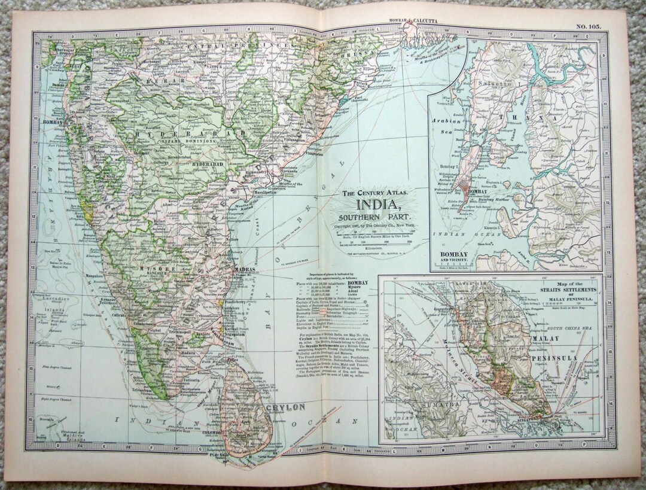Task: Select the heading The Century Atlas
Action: (375, 193)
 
